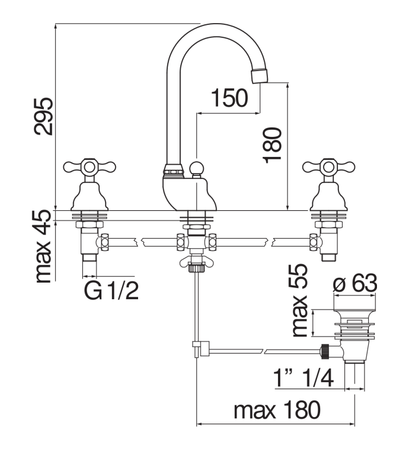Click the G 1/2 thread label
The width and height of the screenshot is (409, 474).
pos(111,290)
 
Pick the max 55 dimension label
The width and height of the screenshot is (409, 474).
pos(301,300)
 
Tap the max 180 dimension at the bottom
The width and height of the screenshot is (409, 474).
pos(276,410)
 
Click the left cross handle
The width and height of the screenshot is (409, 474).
pos(88,167)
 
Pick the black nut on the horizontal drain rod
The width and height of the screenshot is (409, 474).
pos(324,351)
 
